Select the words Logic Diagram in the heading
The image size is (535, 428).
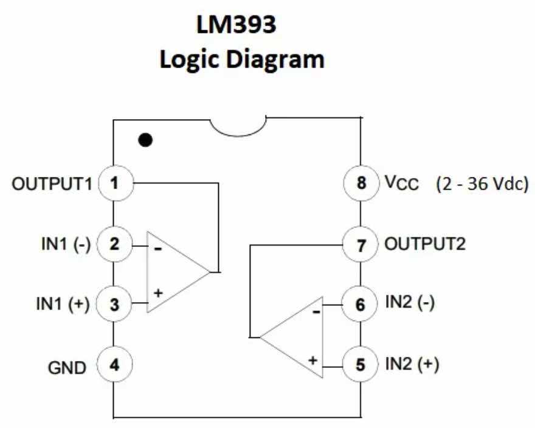[242, 60]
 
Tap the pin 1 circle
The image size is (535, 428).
[114, 183]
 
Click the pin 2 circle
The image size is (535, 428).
[114, 244]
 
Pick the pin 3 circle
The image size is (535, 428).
[114, 304]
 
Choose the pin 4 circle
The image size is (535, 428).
[114, 366]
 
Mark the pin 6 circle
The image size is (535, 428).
[361, 304]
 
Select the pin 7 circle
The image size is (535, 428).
[361, 244]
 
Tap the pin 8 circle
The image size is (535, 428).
[361, 183]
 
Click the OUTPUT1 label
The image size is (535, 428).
[52, 184]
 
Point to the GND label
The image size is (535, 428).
[67, 367]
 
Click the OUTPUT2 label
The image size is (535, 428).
[425, 244]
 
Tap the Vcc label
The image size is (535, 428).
[401, 184]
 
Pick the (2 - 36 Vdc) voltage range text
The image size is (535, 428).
[481, 184]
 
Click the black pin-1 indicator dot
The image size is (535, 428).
[145, 140]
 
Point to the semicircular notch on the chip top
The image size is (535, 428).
[243, 124]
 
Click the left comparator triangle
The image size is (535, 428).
[173, 271]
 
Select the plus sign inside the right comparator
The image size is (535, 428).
[312, 360]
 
